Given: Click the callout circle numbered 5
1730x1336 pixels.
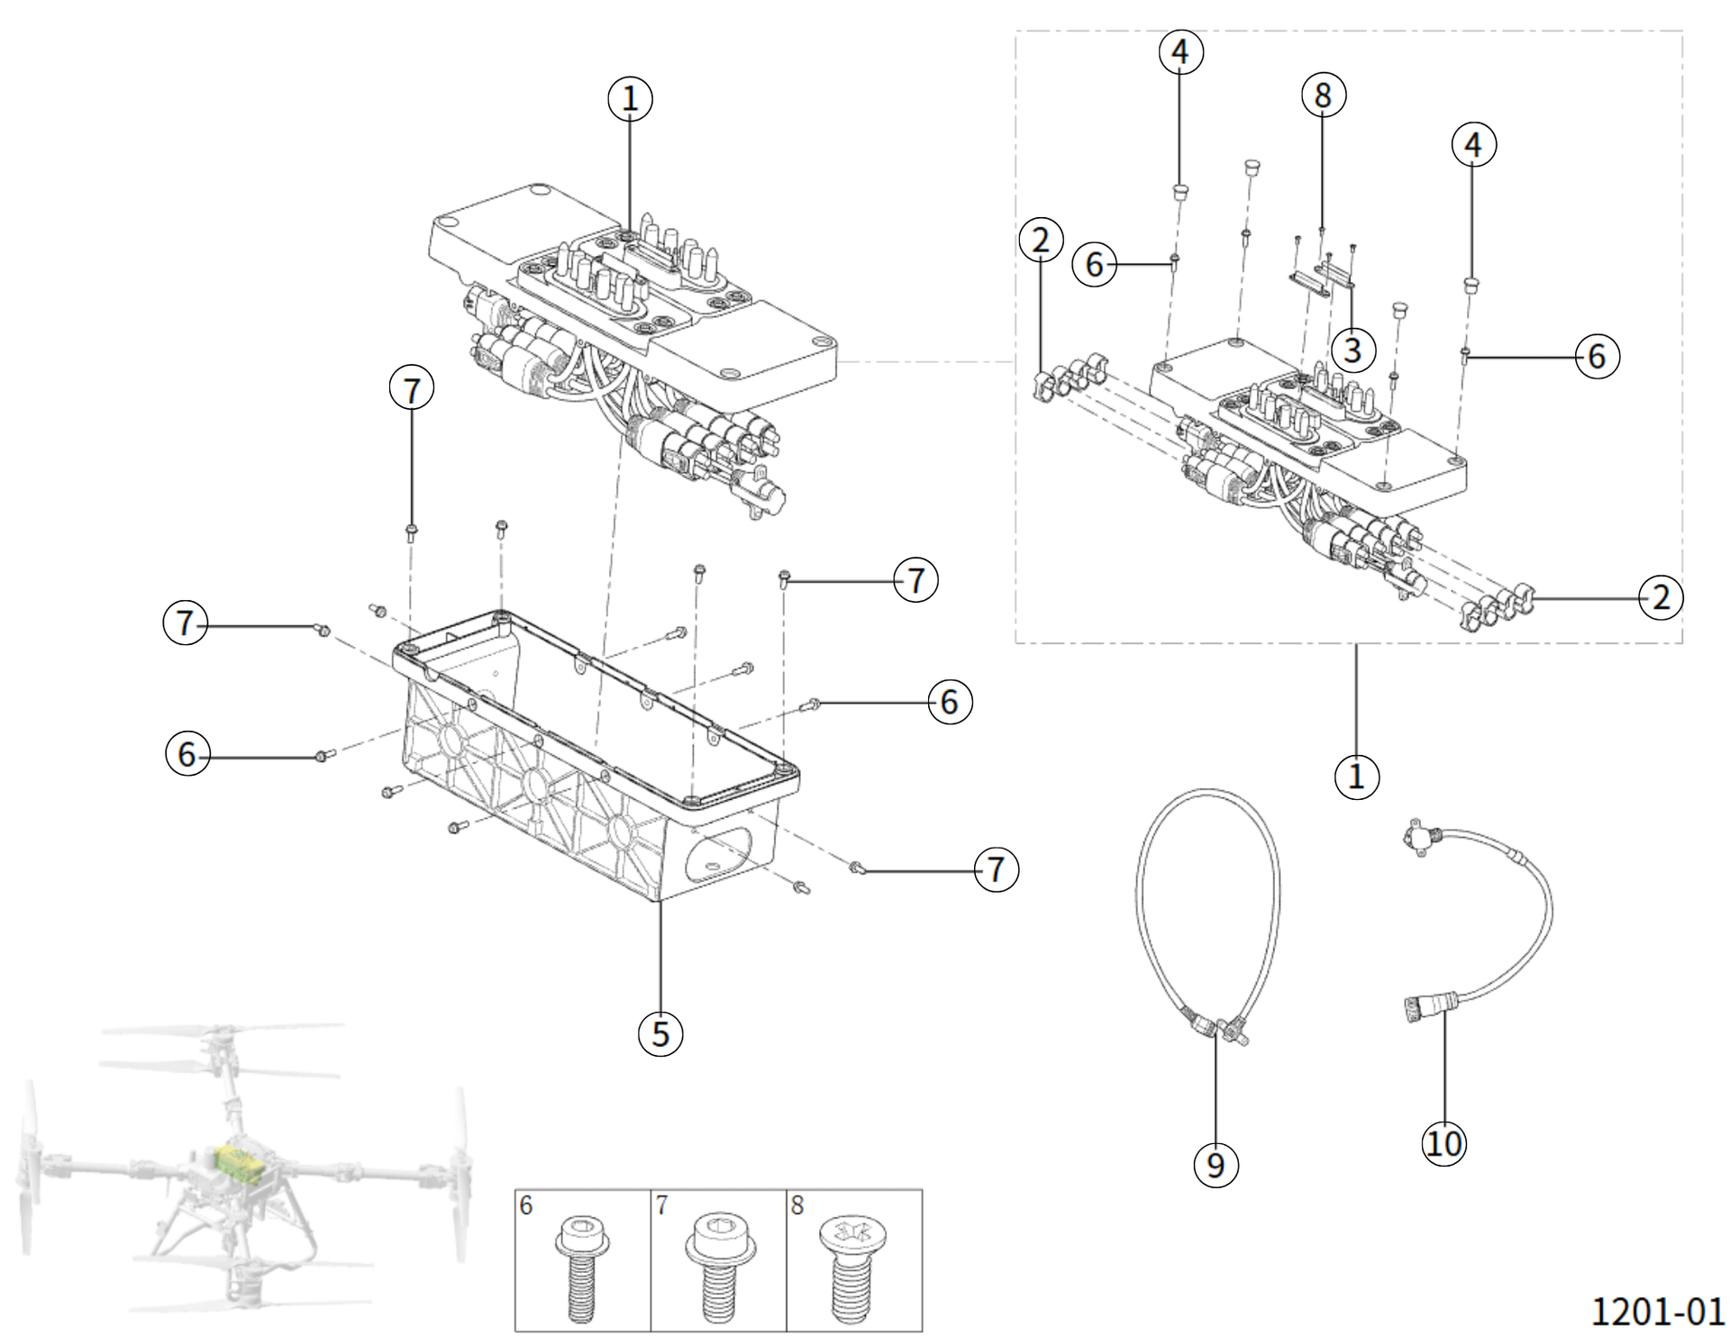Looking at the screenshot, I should coord(660,1033).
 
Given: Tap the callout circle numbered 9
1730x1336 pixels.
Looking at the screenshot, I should coord(1216,1165).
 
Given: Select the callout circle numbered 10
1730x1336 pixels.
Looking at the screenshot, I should coord(1443,1143).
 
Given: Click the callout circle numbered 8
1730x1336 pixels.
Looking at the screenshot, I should coord(1323,95).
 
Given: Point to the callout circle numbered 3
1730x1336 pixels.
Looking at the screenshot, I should coord(1352,349).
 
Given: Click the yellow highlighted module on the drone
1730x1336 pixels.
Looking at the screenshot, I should coord(240,1165).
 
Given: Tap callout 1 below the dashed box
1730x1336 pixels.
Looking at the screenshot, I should coord(1356,776).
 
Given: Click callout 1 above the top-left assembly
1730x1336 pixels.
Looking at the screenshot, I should coord(630,98).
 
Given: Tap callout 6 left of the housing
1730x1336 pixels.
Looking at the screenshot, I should coord(187,753).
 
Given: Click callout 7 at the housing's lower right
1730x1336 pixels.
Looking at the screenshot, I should coord(996,869).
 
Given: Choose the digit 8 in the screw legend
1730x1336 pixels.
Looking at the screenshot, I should coord(797,1204).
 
